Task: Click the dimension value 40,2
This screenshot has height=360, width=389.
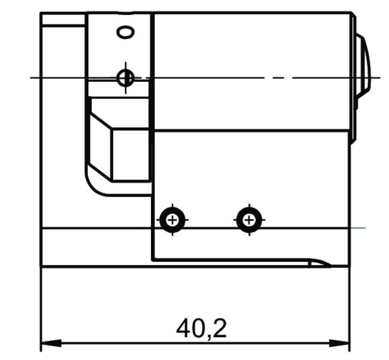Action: pos(202,328)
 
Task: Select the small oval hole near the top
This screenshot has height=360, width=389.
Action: pos(126,32)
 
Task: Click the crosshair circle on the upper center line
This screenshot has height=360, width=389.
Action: pos(125,77)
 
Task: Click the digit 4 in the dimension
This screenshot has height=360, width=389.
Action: pos(184,328)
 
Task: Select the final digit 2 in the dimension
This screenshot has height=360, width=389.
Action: pos(219,328)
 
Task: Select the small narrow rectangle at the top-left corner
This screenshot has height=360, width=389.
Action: pos(63,19)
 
